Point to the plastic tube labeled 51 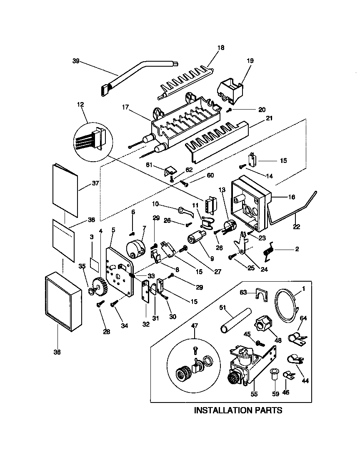pos(236,320)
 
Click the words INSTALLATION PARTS pos(238,410)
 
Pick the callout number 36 pos(57,352)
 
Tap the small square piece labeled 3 pos(95,264)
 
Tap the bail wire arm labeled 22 pos(292,208)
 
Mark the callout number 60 pos(210,175)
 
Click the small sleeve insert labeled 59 pos(274,373)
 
